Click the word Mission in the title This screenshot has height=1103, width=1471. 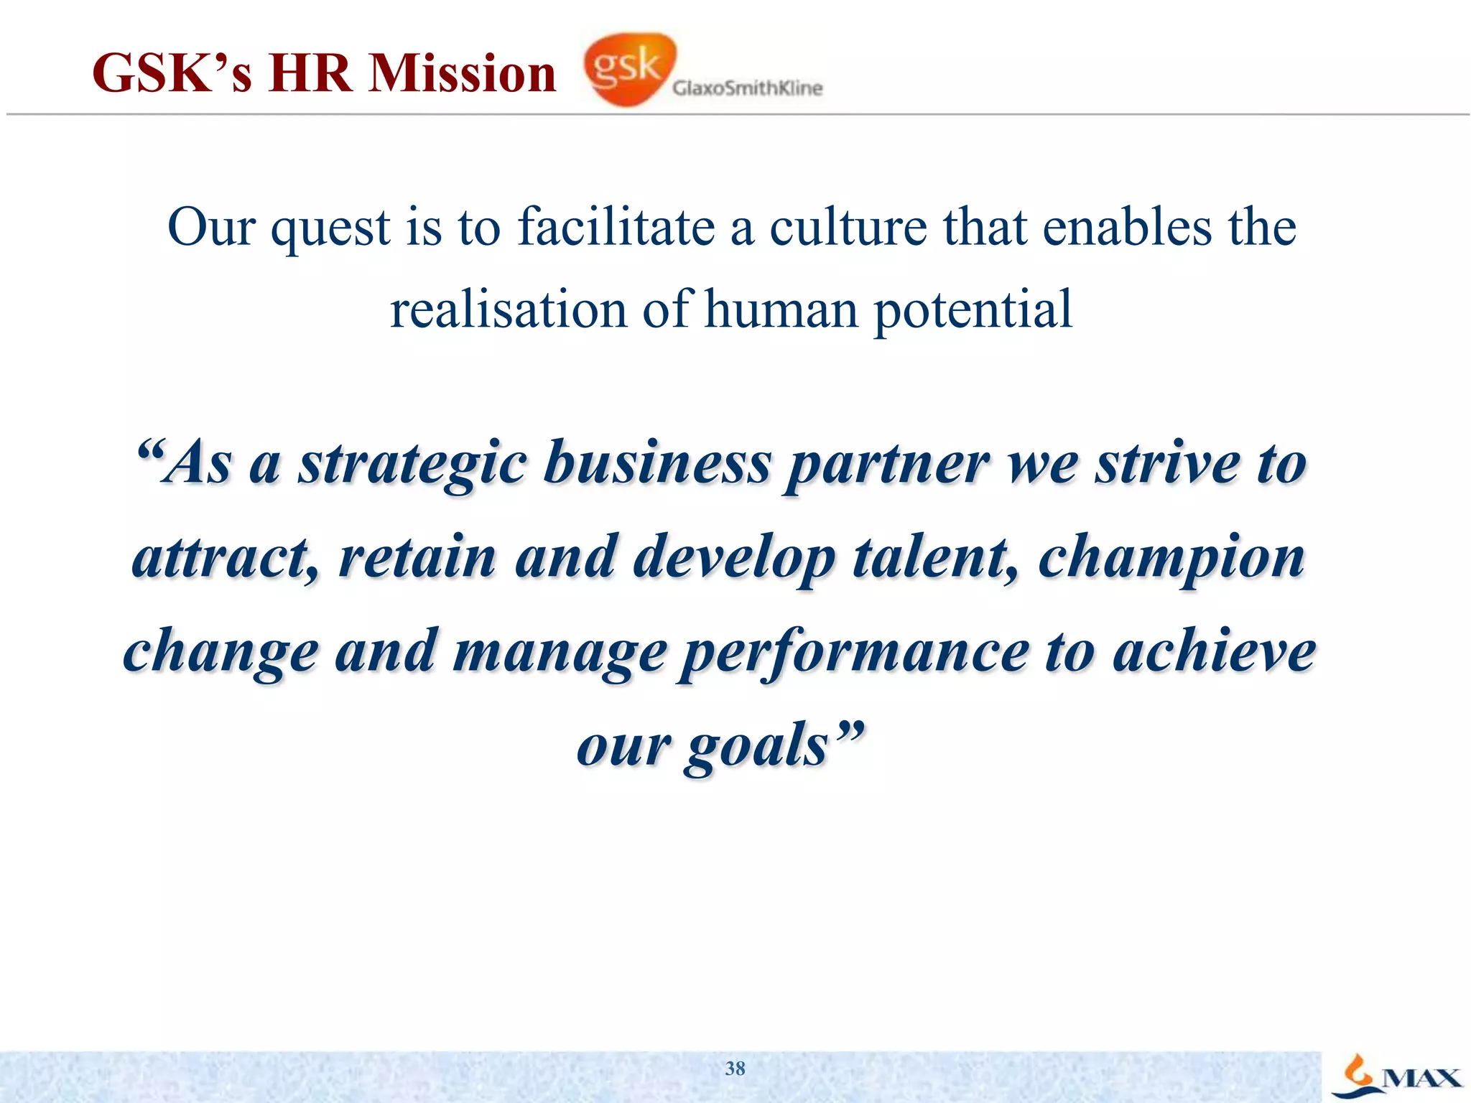click(x=462, y=74)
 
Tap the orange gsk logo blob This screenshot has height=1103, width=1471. click(x=629, y=68)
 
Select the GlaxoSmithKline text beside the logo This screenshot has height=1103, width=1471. click(x=747, y=88)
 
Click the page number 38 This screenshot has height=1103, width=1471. click(x=735, y=1069)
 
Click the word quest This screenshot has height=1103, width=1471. click(x=330, y=228)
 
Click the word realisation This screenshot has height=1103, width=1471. click(x=509, y=310)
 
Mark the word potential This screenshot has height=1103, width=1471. click(x=973, y=311)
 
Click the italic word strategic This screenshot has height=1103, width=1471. click(x=413, y=465)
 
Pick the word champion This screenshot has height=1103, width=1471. click(x=1171, y=559)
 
